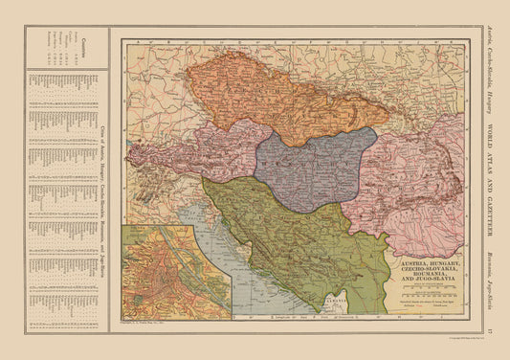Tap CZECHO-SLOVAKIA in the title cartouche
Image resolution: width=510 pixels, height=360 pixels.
pyautogui.click(x=422, y=269)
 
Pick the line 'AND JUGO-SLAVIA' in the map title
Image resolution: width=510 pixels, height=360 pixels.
pyautogui.click(x=422, y=283)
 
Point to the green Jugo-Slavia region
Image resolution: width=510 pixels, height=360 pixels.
pyautogui.click(x=287, y=239)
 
